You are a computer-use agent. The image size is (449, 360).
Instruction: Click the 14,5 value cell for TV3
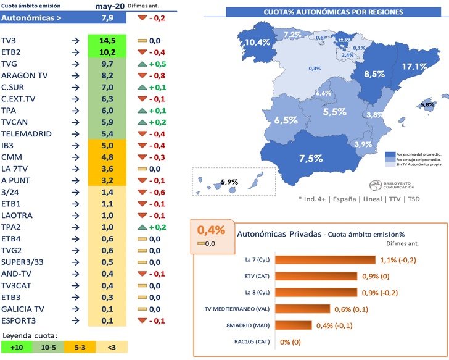[x=107, y=40]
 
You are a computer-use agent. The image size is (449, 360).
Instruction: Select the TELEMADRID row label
[x=27, y=134]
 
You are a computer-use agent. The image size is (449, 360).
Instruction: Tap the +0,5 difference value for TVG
[x=159, y=64]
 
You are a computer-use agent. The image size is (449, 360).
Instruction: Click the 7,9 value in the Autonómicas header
[x=107, y=18]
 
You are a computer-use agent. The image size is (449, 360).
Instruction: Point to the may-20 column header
[x=107, y=6]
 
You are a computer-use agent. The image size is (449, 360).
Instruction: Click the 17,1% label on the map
[x=414, y=66]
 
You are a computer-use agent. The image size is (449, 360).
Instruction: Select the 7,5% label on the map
[x=310, y=158]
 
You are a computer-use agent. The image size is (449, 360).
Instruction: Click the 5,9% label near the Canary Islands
[x=229, y=182]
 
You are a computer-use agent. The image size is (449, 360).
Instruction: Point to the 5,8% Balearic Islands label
[x=427, y=104]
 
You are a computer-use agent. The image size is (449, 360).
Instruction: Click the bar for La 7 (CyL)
[x=325, y=260]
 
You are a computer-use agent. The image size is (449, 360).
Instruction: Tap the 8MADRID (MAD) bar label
[x=250, y=325]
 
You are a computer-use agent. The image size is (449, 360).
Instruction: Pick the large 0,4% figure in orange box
[x=211, y=230]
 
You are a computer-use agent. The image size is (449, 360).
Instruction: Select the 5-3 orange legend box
[x=80, y=348]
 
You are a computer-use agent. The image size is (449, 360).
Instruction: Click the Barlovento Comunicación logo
[x=392, y=185]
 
